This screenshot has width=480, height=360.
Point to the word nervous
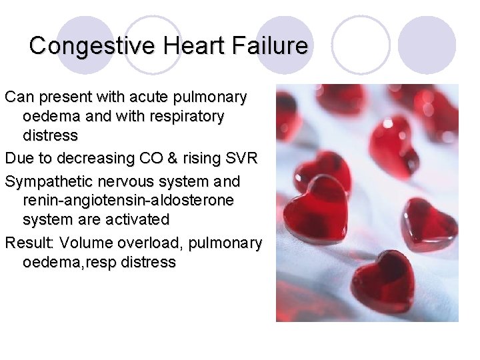click(x=125, y=181)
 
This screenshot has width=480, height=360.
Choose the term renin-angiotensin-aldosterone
click(x=128, y=201)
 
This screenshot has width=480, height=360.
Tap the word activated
click(x=135, y=219)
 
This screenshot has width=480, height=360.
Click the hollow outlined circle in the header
click(x=361, y=44)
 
